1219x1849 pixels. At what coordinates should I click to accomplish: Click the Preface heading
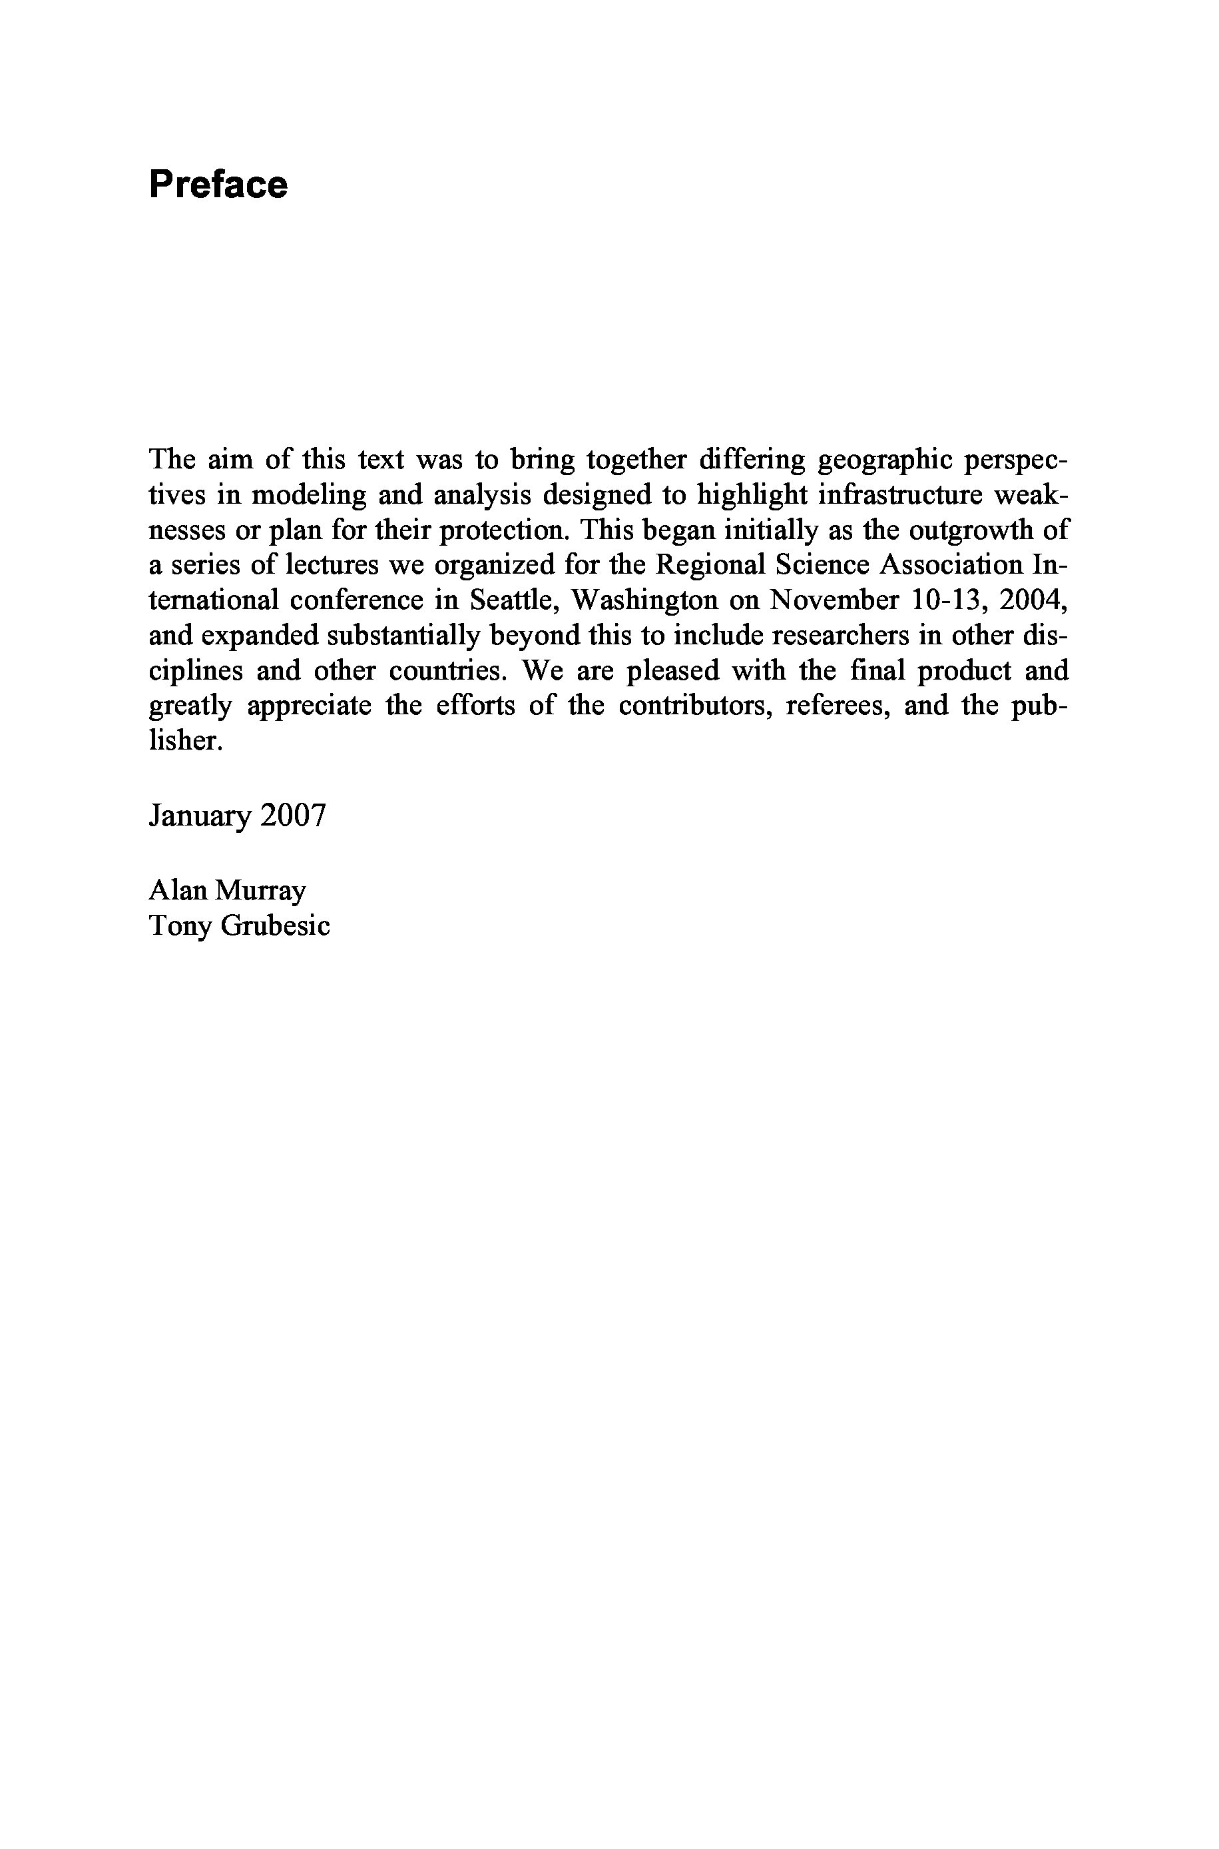tap(218, 185)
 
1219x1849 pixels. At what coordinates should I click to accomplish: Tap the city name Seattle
tap(514, 600)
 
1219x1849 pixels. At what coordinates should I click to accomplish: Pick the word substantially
tap(407, 636)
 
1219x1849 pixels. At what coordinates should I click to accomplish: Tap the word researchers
tap(832, 636)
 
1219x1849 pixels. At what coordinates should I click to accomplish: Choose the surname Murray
tap(260, 891)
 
